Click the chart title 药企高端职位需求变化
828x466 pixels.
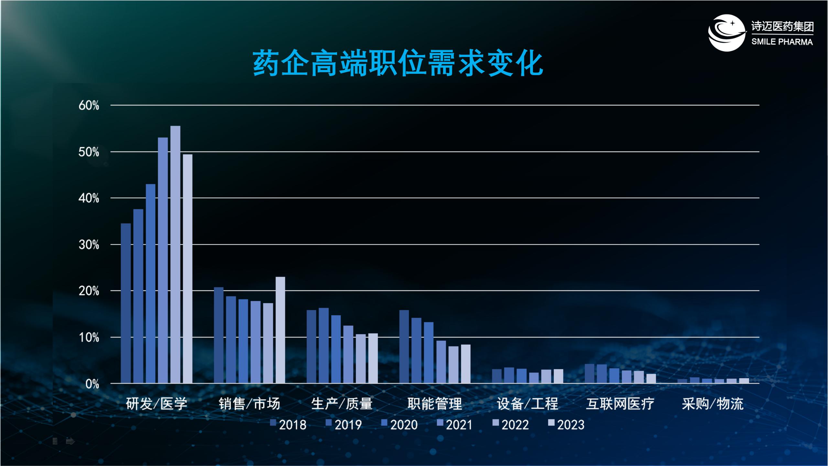[398, 63]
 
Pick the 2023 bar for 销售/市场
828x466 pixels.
[280, 330]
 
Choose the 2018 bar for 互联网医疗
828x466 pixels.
[590, 373]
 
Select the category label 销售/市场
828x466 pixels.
[249, 404]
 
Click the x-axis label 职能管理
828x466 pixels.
[435, 404]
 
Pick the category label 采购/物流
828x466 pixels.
[713, 404]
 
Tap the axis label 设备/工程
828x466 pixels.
[528, 404]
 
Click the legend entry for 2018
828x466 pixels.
[289, 425]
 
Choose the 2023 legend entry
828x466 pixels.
[567, 425]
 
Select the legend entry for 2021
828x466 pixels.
[455, 425]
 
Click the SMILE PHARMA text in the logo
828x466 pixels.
[782, 42]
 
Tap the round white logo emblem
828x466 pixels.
[726, 33]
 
